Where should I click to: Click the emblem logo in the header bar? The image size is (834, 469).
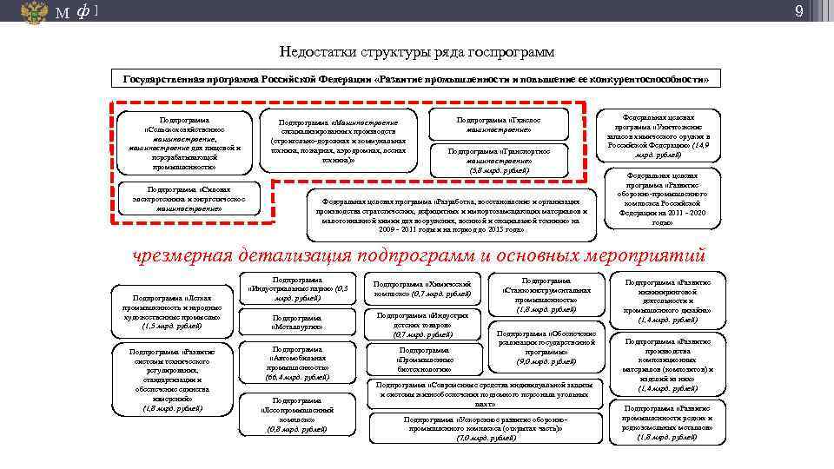click(x=35, y=11)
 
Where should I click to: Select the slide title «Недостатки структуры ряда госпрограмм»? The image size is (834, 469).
click(x=416, y=52)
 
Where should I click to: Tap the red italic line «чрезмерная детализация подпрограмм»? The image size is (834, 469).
click(x=418, y=255)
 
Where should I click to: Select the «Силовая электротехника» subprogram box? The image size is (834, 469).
click(x=189, y=198)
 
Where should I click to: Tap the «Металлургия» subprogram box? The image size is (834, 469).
click(x=298, y=323)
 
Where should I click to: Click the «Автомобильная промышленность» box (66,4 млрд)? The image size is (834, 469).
click(x=298, y=362)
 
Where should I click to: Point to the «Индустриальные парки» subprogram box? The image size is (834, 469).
click(x=298, y=289)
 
